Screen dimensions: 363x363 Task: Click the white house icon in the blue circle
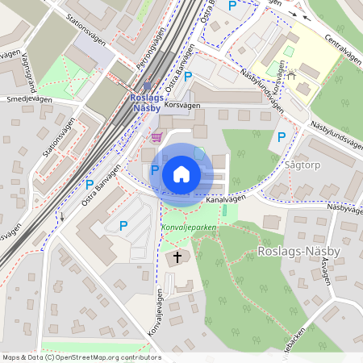coord(181,173)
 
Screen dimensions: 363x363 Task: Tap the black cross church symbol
coord(177,258)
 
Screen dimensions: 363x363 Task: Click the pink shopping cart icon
coord(156,137)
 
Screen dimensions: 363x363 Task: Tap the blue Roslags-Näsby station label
coord(148,103)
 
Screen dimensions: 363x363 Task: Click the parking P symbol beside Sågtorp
coord(282,137)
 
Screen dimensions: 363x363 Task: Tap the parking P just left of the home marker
coord(155,170)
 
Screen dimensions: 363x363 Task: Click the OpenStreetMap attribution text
coord(81,357)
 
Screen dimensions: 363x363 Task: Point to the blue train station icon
coord(147,86)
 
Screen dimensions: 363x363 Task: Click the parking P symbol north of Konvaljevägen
coord(123,226)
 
